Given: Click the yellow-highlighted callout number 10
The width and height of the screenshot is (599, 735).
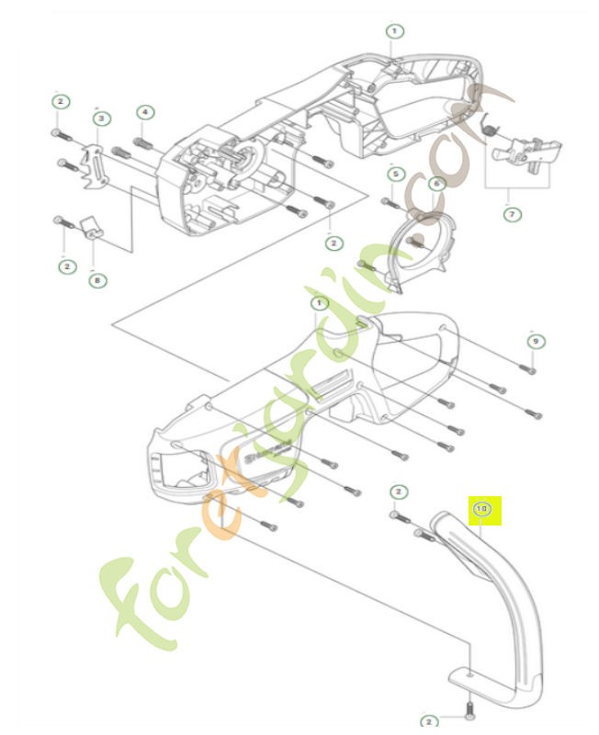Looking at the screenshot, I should tap(481, 508).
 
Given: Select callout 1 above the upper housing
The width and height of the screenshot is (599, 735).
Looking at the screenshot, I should tap(393, 31).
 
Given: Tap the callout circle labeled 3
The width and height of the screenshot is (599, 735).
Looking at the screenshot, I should tap(101, 118).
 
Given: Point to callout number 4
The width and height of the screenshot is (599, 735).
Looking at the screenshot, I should tap(144, 112).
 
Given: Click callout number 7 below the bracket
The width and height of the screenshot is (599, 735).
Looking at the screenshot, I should tap(436, 183).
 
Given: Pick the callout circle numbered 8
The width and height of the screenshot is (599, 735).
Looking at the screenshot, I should tap(512, 214).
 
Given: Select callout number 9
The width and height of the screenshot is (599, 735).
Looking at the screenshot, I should tap(97, 279).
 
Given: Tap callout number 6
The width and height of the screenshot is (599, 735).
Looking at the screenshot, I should tap(534, 341).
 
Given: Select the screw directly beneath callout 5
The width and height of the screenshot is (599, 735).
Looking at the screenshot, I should tap(389, 202).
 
